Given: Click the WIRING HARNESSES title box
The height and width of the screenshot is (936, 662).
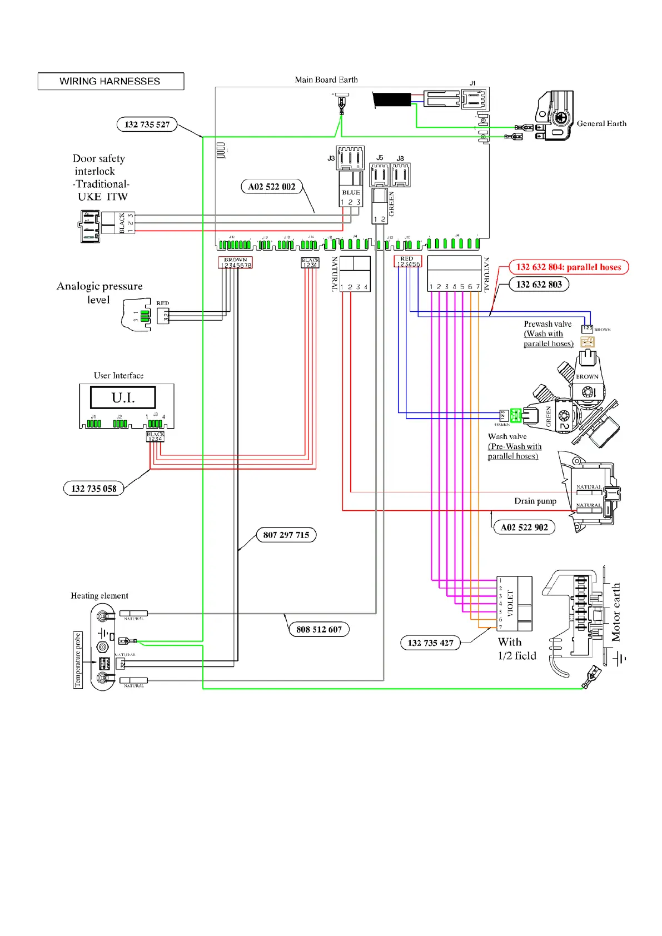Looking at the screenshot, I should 111,81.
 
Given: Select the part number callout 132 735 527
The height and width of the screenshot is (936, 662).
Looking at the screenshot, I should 147,125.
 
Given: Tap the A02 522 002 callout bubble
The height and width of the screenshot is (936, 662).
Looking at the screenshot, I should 272,187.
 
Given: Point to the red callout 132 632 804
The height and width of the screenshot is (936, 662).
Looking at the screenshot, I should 568,267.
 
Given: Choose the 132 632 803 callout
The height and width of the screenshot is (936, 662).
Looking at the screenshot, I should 539,285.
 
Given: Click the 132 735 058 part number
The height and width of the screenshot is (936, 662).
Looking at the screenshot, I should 94,489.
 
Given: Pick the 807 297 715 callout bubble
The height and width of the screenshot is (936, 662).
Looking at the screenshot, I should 286,535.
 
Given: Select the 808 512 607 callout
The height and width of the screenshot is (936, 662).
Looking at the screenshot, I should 319,629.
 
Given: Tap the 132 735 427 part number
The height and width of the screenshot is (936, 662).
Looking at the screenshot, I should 430,643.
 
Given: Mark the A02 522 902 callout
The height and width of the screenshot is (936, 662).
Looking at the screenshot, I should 524,527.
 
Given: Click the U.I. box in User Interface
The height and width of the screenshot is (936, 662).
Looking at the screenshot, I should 123,398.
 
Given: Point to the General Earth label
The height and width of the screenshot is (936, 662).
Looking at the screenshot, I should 601,123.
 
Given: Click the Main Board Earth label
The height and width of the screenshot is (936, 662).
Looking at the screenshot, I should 326,80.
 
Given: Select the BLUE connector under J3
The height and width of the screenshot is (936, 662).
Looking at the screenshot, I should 351,189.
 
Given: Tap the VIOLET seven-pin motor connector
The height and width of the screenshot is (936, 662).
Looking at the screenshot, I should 515,604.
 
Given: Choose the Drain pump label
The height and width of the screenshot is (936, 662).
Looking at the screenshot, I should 535,501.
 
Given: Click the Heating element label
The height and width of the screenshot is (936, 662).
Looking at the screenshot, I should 99,596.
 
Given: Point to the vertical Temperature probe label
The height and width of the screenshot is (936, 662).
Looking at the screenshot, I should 78,660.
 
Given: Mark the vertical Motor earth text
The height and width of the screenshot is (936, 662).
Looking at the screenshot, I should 616,612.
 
